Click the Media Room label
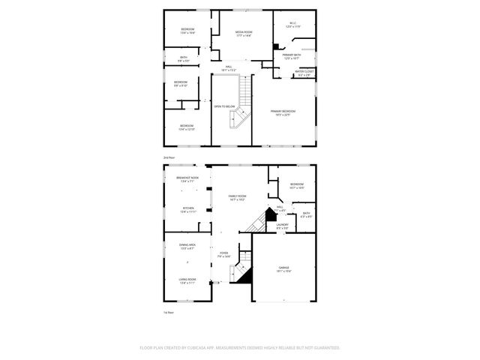[x=244, y=32]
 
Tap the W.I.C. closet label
[x=293, y=23]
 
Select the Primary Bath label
[x=292, y=55]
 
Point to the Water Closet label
[x=305, y=71]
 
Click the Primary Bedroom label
[x=284, y=111]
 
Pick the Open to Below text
[x=225, y=106]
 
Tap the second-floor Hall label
[x=229, y=67]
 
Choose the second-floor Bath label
[x=182, y=57]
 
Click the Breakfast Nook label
[x=186, y=178]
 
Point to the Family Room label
[x=238, y=196]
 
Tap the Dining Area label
[x=187, y=245]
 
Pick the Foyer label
[x=223, y=253]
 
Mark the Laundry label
[x=282, y=224]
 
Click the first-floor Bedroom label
[x=297, y=184]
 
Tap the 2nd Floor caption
[x=169, y=157]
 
